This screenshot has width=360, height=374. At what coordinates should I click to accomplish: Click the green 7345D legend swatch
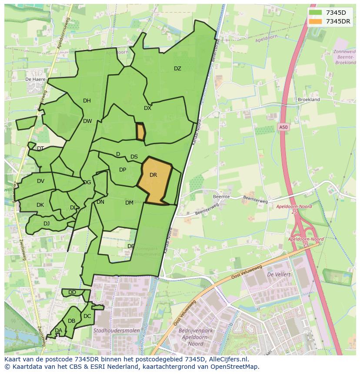315,13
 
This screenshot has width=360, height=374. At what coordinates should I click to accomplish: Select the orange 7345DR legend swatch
315,21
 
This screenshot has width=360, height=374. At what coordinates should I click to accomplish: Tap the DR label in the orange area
153,175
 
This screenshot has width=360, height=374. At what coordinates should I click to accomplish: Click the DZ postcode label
177,69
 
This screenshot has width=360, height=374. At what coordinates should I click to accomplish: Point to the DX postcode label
147,108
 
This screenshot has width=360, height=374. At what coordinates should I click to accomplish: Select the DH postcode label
87,101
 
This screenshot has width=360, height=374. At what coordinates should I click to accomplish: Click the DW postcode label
87,121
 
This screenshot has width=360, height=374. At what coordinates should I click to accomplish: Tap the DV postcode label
40,181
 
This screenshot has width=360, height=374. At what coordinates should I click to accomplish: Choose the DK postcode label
40,205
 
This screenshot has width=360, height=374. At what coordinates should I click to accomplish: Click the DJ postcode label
47,224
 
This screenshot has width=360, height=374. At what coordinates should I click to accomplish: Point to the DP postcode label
123,170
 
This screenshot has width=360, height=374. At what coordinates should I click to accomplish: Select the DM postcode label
129,203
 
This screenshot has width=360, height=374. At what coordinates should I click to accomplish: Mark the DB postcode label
72,321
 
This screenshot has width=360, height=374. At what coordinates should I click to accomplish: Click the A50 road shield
283,127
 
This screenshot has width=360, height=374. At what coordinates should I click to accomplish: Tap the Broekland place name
309,99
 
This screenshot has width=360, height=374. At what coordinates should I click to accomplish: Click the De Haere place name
35,79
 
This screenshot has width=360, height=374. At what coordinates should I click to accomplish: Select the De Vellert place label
278,275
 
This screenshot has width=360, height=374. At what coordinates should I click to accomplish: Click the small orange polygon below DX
140,132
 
